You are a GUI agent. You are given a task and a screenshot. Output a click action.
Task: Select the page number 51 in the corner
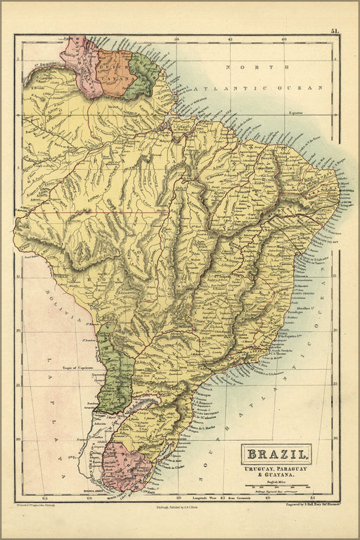[335, 31]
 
